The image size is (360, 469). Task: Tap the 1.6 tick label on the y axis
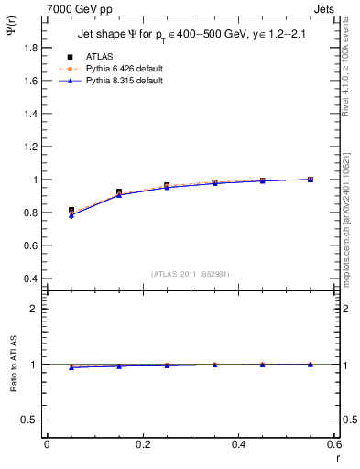(29, 81)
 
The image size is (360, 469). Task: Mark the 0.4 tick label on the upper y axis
(29, 278)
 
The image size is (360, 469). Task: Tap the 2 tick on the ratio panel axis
(35, 309)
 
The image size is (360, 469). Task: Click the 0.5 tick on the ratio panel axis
(30, 420)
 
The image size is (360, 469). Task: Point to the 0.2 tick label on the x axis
(142, 444)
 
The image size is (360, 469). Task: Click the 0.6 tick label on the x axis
(333, 444)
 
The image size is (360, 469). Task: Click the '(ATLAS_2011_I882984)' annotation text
(191, 274)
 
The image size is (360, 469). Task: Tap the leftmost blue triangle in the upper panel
(71, 215)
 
